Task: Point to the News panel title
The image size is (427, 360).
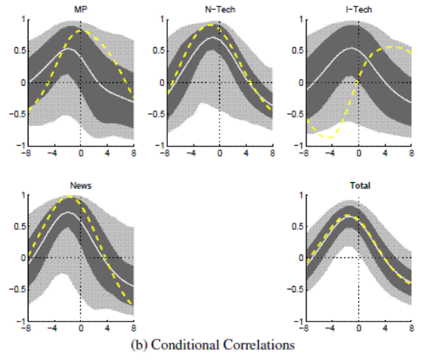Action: click(x=80, y=185)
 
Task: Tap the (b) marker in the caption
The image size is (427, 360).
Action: click(x=140, y=346)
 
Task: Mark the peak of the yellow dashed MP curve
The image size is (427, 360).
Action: click(x=79, y=31)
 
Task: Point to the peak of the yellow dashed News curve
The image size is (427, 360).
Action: click(x=71, y=197)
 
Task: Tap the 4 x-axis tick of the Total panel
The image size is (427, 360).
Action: click(x=385, y=328)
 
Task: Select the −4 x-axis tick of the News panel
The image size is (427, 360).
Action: click(x=53, y=328)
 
